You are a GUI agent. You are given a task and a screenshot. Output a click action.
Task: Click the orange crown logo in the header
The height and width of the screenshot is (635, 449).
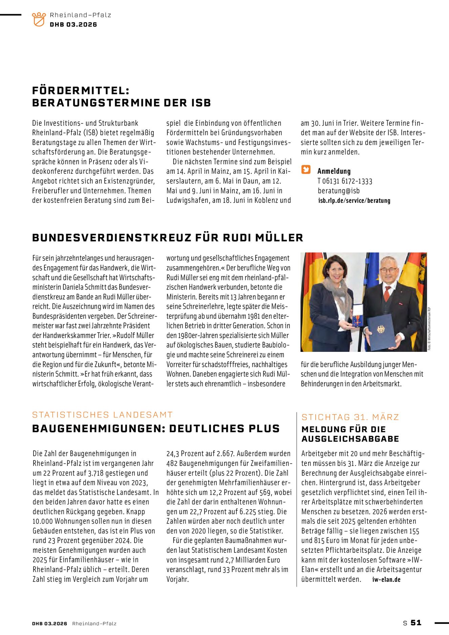(x=39, y=19)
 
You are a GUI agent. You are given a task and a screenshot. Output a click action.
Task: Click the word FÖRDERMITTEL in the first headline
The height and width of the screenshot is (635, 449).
(x=81, y=91)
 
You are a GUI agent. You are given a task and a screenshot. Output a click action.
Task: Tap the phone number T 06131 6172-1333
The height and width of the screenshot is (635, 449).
(x=345, y=181)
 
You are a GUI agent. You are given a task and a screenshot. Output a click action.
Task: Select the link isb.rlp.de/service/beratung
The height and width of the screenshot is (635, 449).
(x=354, y=200)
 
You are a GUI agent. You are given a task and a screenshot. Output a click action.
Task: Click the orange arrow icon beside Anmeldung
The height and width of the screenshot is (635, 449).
(x=306, y=170)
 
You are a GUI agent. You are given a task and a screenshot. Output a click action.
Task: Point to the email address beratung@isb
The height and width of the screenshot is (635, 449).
(x=339, y=191)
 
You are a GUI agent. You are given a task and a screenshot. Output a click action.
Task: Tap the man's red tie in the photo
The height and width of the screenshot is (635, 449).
(x=387, y=293)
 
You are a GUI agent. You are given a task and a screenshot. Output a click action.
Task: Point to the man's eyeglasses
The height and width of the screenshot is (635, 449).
(x=388, y=270)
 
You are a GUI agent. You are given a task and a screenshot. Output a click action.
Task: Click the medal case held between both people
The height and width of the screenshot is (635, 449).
(x=358, y=315)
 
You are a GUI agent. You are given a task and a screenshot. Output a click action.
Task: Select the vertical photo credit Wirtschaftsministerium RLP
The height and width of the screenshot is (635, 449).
(x=429, y=329)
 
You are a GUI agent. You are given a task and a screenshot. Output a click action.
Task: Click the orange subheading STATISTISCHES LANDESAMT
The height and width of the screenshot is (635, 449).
(x=102, y=415)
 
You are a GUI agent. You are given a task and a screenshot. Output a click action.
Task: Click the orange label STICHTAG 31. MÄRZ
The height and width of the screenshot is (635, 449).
(x=350, y=417)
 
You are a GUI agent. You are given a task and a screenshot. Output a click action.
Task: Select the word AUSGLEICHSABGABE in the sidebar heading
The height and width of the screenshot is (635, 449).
(x=350, y=439)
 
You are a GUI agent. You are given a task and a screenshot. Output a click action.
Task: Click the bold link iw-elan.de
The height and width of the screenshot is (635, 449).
(x=386, y=579)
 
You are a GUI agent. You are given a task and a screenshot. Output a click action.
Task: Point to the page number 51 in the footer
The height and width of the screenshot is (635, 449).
(x=416, y=623)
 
